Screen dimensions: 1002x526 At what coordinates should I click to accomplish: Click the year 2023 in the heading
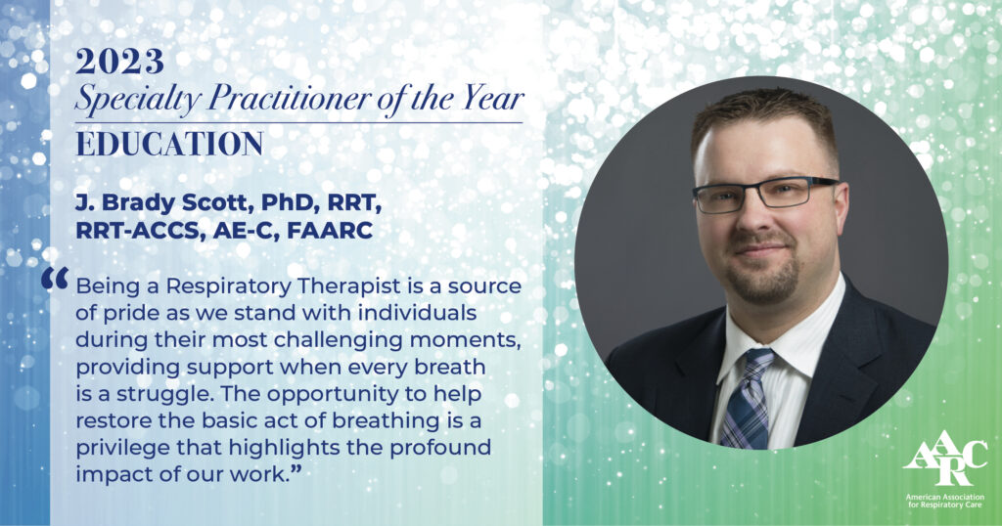click(x=119, y=62)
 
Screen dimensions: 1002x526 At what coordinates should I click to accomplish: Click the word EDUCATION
click(x=169, y=145)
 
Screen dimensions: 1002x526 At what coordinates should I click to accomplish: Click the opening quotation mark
click(x=55, y=278)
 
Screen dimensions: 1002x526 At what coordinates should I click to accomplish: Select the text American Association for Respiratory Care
click(x=944, y=502)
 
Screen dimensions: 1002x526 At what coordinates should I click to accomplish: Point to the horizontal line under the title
click(x=299, y=122)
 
